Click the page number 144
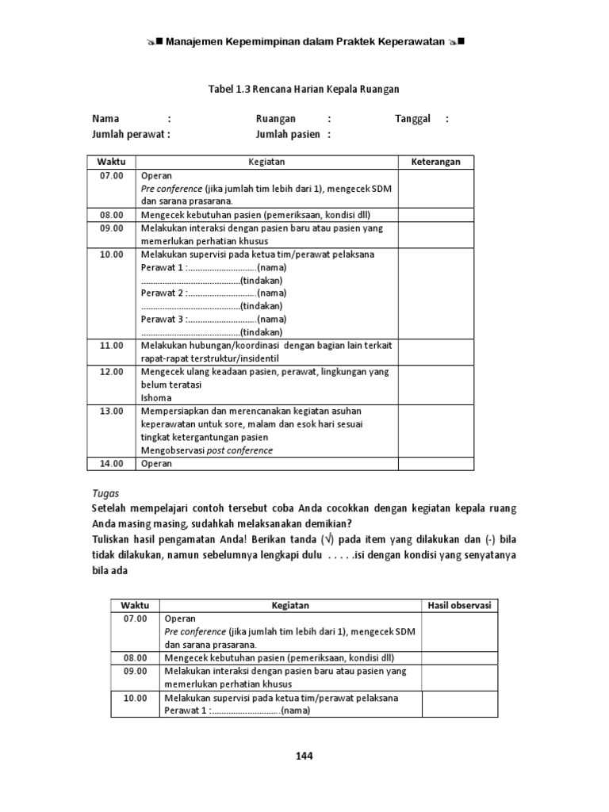click(x=304, y=756)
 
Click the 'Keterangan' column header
click(x=435, y=162)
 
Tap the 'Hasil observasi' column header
click(x=460, y=605)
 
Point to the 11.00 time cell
click(x=111, y=346)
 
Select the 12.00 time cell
click(x=111, y=371)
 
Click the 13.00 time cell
click(x=111, y=411)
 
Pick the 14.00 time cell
click(x=111, y=463)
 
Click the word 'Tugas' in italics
click(x=105, y=492)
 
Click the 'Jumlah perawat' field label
click(x=128, y=134)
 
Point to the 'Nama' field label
click(x=105, y=119)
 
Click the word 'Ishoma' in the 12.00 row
click(x=155, y=397)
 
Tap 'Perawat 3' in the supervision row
click(x=162, y=319)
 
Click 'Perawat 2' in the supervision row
click(x=162, y=293)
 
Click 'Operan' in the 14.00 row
click(x=156, y=463)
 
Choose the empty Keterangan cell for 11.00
click(x=435, y=352)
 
